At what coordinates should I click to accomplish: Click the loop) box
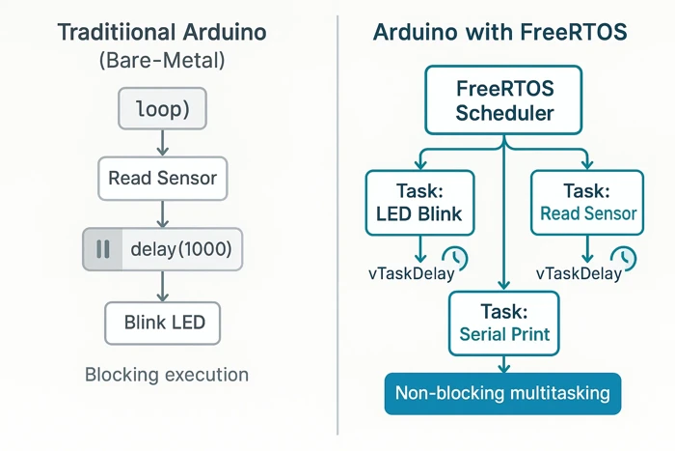[162, 110]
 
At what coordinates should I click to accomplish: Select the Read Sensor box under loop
[162, 179]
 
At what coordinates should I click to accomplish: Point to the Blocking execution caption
[167, 375]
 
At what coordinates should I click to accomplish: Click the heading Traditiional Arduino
[162, 32]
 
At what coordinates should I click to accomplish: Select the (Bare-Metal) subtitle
[162, 63]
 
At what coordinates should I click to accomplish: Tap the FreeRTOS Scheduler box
[504, 100]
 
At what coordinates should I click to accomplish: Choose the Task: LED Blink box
[420, 202]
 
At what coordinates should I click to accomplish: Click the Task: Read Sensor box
[587, 202]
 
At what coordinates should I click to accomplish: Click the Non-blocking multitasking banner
[501, 393]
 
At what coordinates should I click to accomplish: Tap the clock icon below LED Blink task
[454, 258]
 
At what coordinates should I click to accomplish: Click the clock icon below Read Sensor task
[624, 258]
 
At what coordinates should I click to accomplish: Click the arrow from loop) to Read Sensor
[162, 143]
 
